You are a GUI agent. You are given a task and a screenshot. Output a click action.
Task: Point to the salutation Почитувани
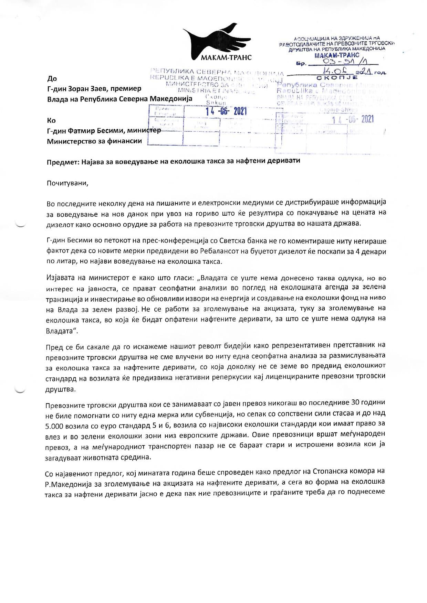[x=67, y=183]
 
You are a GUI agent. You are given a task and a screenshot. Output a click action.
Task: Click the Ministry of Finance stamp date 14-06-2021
[x=226, y=111]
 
